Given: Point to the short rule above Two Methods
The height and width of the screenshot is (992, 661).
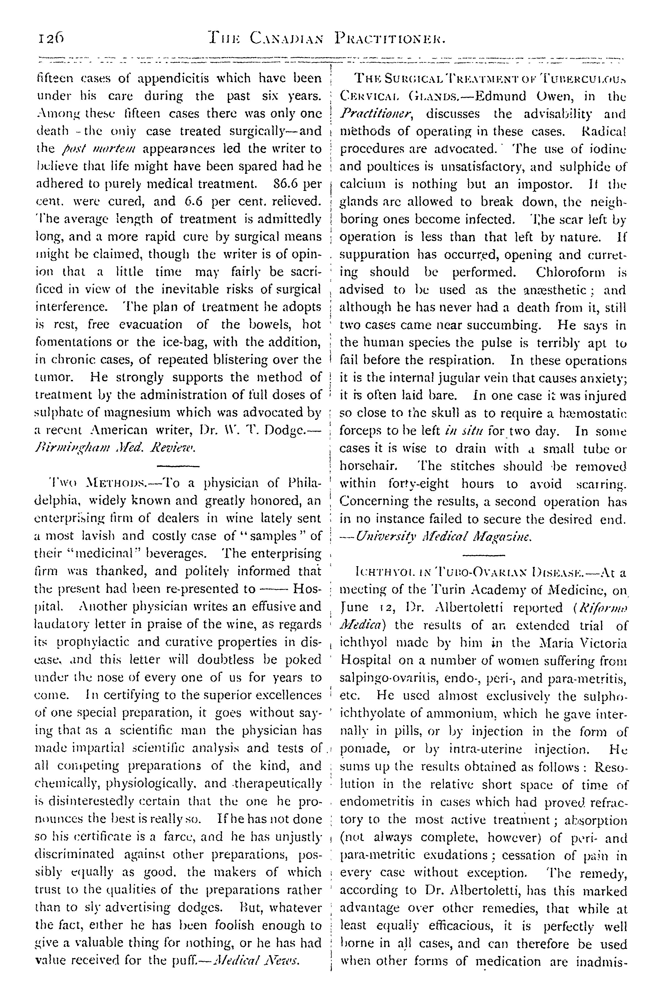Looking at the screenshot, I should tap(177, 466).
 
